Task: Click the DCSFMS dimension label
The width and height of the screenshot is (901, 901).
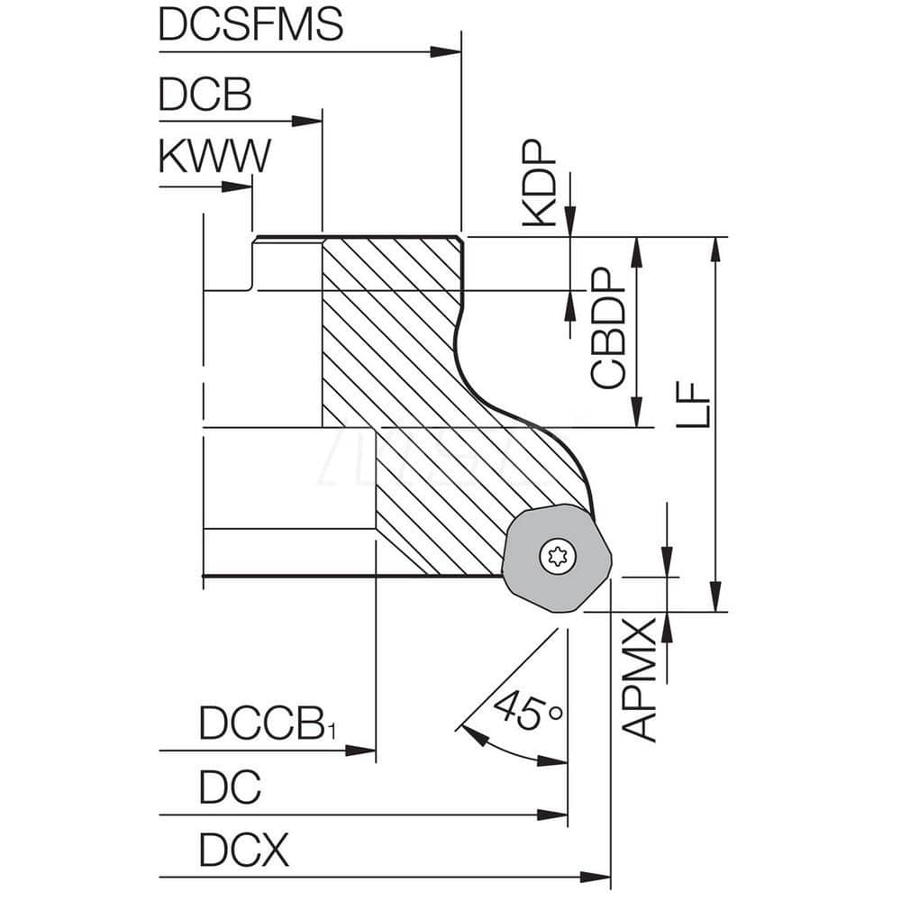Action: coord(250,24)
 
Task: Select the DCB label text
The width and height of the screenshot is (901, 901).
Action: coord(205,95)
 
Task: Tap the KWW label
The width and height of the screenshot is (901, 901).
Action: coord(214,157)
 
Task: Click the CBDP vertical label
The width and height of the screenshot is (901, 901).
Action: coord(609,330)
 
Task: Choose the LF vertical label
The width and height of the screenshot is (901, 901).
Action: coord(693,405)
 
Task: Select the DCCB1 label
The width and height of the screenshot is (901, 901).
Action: coord(268,724)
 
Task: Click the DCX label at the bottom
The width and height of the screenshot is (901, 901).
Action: coord(244,850)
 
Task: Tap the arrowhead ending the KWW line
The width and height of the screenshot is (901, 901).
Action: coord(238,187)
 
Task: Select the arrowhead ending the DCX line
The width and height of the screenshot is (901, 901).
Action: coord(596,876)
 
